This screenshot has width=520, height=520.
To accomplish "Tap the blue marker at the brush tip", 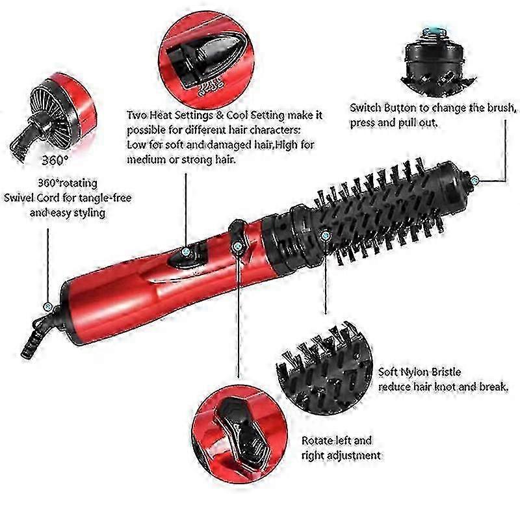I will pyautogui.click(x=476, y=179).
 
